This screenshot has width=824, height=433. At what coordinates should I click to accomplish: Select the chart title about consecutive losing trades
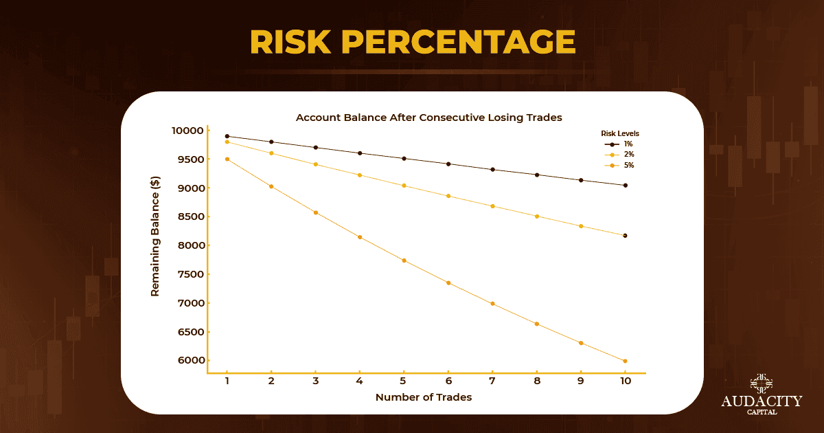(428, 118)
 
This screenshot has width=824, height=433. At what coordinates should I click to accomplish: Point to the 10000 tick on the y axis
(187, 131)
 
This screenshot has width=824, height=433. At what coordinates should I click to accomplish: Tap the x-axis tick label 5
(403, 381)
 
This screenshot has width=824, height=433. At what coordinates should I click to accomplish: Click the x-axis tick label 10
(625, 381)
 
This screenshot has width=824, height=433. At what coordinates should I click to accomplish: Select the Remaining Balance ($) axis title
(155, 245)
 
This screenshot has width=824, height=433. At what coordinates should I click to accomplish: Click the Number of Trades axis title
(424, 397)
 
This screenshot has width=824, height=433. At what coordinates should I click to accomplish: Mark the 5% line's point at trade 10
(625, 361)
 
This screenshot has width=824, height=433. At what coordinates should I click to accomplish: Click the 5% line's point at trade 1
(227, 159)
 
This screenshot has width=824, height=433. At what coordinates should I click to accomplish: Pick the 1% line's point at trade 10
(625, 185)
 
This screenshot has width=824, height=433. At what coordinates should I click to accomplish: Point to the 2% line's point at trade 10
(625, 236)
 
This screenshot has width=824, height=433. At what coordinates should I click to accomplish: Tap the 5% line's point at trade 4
(359, 237)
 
